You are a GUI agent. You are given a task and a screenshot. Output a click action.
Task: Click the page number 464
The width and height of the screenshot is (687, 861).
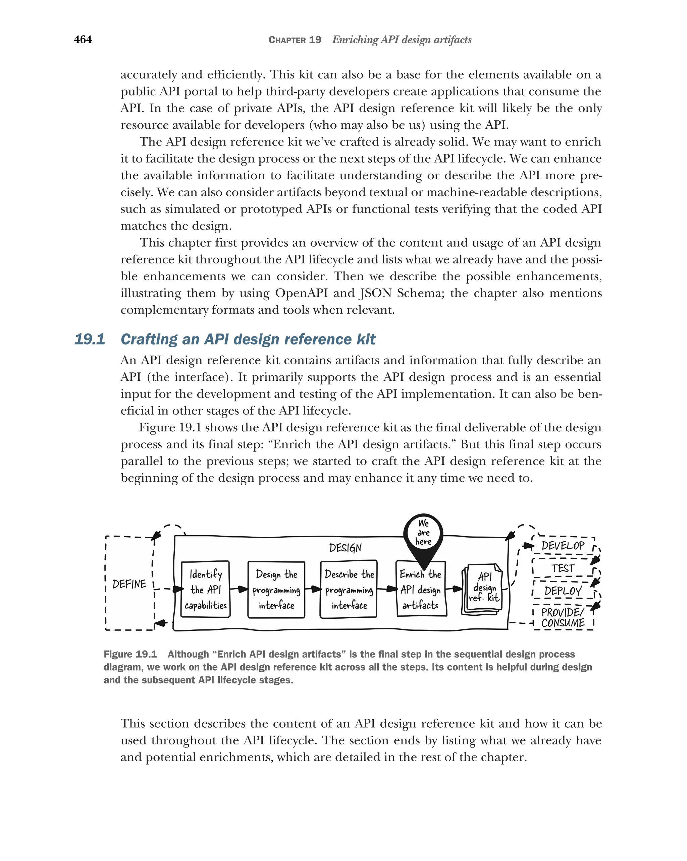pos(83,40)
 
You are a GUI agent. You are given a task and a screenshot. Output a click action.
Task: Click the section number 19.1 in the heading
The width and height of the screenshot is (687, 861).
pos(90,339)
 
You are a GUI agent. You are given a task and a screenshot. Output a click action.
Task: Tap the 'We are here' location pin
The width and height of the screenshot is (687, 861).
pos(423,534)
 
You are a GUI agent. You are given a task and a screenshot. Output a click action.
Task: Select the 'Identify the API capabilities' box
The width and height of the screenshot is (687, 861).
pos(205,589)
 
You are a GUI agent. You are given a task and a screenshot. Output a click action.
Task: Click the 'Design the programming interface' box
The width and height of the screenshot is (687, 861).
pos(276,590)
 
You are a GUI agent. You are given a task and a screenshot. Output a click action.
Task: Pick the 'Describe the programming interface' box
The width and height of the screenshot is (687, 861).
pos(349,590)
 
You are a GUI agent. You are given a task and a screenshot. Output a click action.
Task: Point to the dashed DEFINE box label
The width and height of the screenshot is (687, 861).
pos(129,584)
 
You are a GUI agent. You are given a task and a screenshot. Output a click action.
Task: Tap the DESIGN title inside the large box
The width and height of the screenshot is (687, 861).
pos(345,548)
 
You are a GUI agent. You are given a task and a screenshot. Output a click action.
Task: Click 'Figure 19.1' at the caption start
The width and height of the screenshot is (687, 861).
pos(130,654)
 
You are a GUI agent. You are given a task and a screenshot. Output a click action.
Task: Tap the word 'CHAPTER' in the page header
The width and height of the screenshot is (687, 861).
pos(287,40)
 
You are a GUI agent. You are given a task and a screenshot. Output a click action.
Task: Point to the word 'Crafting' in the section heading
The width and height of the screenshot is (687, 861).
pos(148,339)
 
